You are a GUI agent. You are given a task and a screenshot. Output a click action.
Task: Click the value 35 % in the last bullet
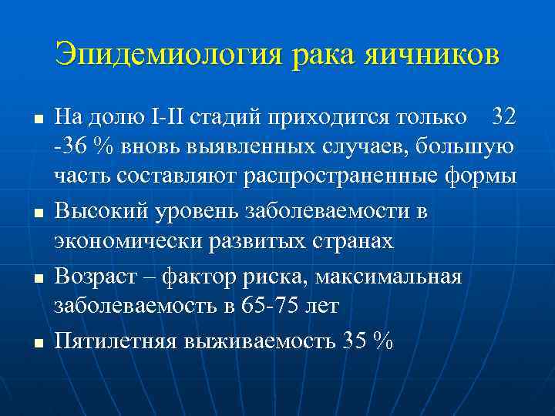[365, 340]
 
